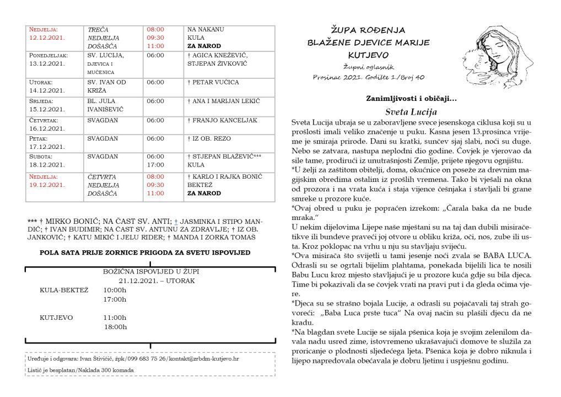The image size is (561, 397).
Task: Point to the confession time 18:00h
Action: (x=115, y=327)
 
